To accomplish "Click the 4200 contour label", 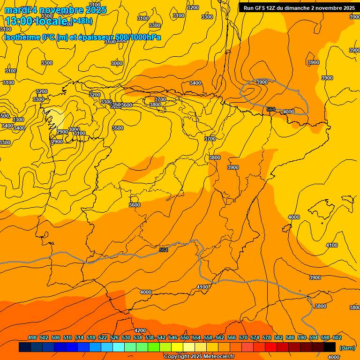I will pos(140,330).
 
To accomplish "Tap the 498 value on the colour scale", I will pos(32,338).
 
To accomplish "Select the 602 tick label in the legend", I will pos(337,338).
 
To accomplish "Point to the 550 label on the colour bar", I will pos(185,338).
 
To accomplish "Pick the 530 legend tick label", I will pos(126,338).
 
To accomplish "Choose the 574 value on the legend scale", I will pos(255,338).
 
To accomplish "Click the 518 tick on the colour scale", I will pos(91,338).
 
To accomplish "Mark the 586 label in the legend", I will pos(290,338).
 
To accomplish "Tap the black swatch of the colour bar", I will pos(330,347).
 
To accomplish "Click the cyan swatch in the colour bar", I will pos(119,347).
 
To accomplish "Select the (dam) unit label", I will pos(347,347).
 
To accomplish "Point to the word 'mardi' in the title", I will pos(15,10).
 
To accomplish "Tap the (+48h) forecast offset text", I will pos(82,21).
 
